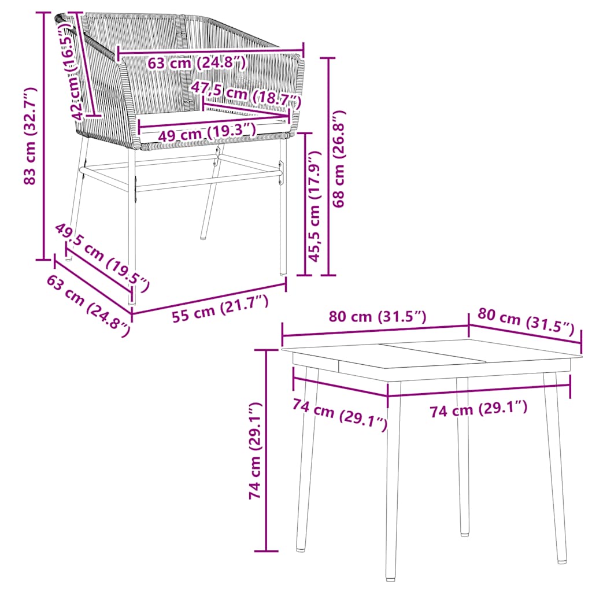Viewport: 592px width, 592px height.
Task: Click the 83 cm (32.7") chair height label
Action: (31, 136)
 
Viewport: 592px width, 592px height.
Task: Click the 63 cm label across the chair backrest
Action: (197, 62)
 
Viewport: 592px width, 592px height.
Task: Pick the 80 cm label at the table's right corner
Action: (526, 323)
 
